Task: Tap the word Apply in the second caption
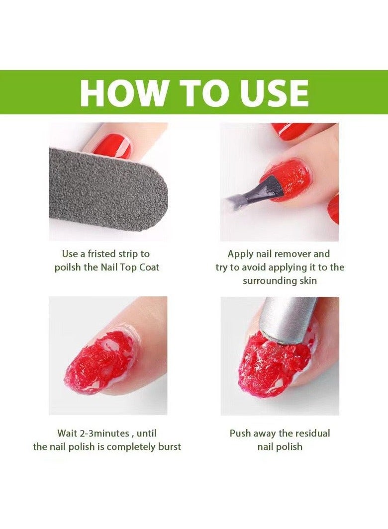pyautogui.click(x=241, y=254)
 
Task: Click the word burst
pyautogui.click(x=170, y=447)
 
